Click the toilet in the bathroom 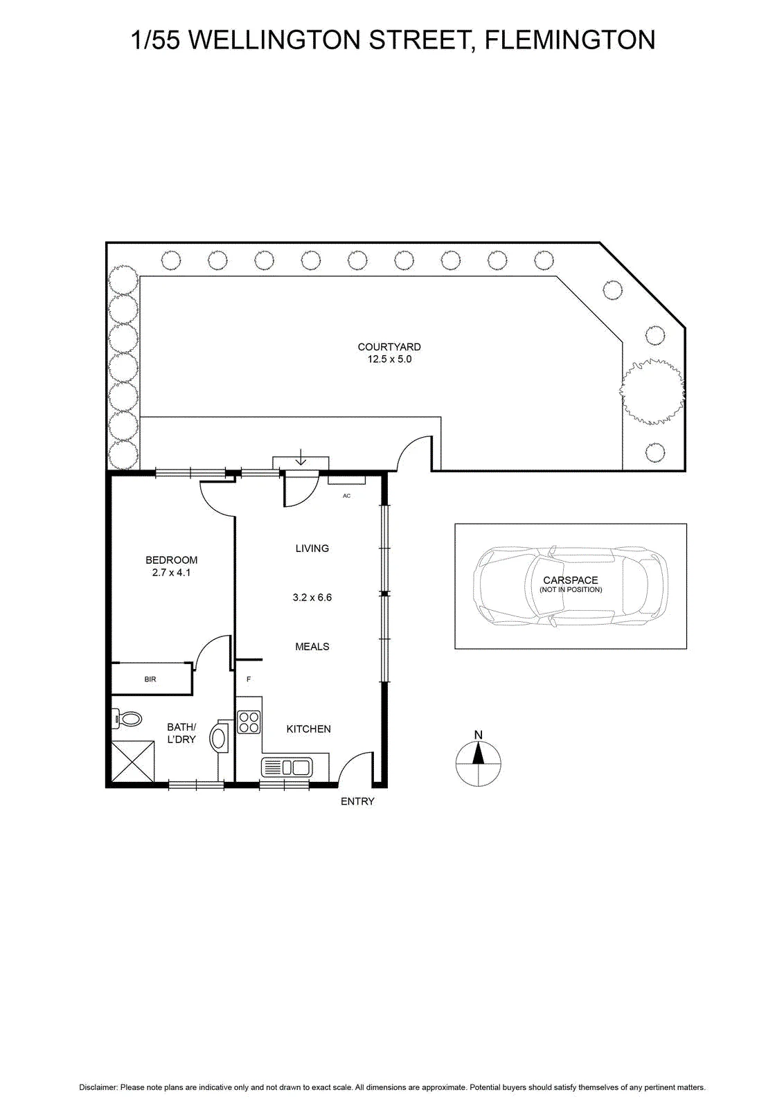[x=127, y=717]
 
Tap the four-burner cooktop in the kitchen [x=249, y=722]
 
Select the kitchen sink [x=287, y=768]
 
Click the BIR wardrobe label [x=150, y=679]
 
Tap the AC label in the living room [x=346, y=496]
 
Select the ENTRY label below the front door [x=357, y=801]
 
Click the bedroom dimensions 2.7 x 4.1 [x=171, y=572]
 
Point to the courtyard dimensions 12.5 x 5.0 [x=389, y=359]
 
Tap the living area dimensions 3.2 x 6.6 [x=312, y=597]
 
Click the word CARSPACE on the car [x=570, y=580]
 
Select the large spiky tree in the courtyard [x=652, y=391]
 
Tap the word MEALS [x=312, y=647]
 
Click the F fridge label [x=249, y=679]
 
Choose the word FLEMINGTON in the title [x=570, y=39]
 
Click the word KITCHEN [x=309, y=729]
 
